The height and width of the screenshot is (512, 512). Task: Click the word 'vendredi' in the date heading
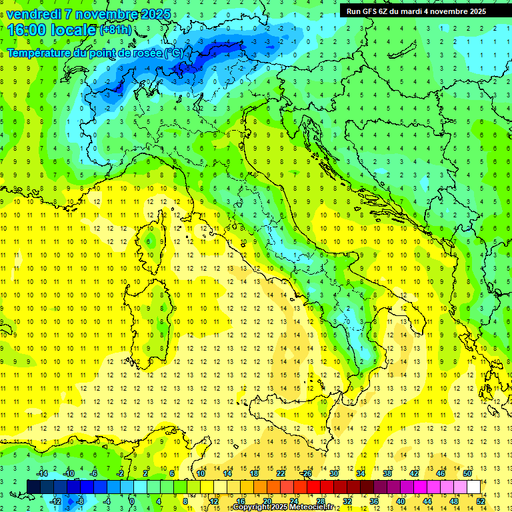33,14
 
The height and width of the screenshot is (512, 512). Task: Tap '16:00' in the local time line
27,29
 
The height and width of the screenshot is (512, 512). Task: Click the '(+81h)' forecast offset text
115,30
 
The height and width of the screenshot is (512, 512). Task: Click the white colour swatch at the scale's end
474,487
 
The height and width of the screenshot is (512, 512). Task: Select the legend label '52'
481,501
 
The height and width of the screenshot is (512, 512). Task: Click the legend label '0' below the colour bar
131,501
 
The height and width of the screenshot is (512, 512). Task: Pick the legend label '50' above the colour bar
467,473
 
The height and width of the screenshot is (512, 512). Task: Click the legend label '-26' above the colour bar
306,473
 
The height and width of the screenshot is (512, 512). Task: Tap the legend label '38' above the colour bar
387,473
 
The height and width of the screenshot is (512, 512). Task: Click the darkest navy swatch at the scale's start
34,487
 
